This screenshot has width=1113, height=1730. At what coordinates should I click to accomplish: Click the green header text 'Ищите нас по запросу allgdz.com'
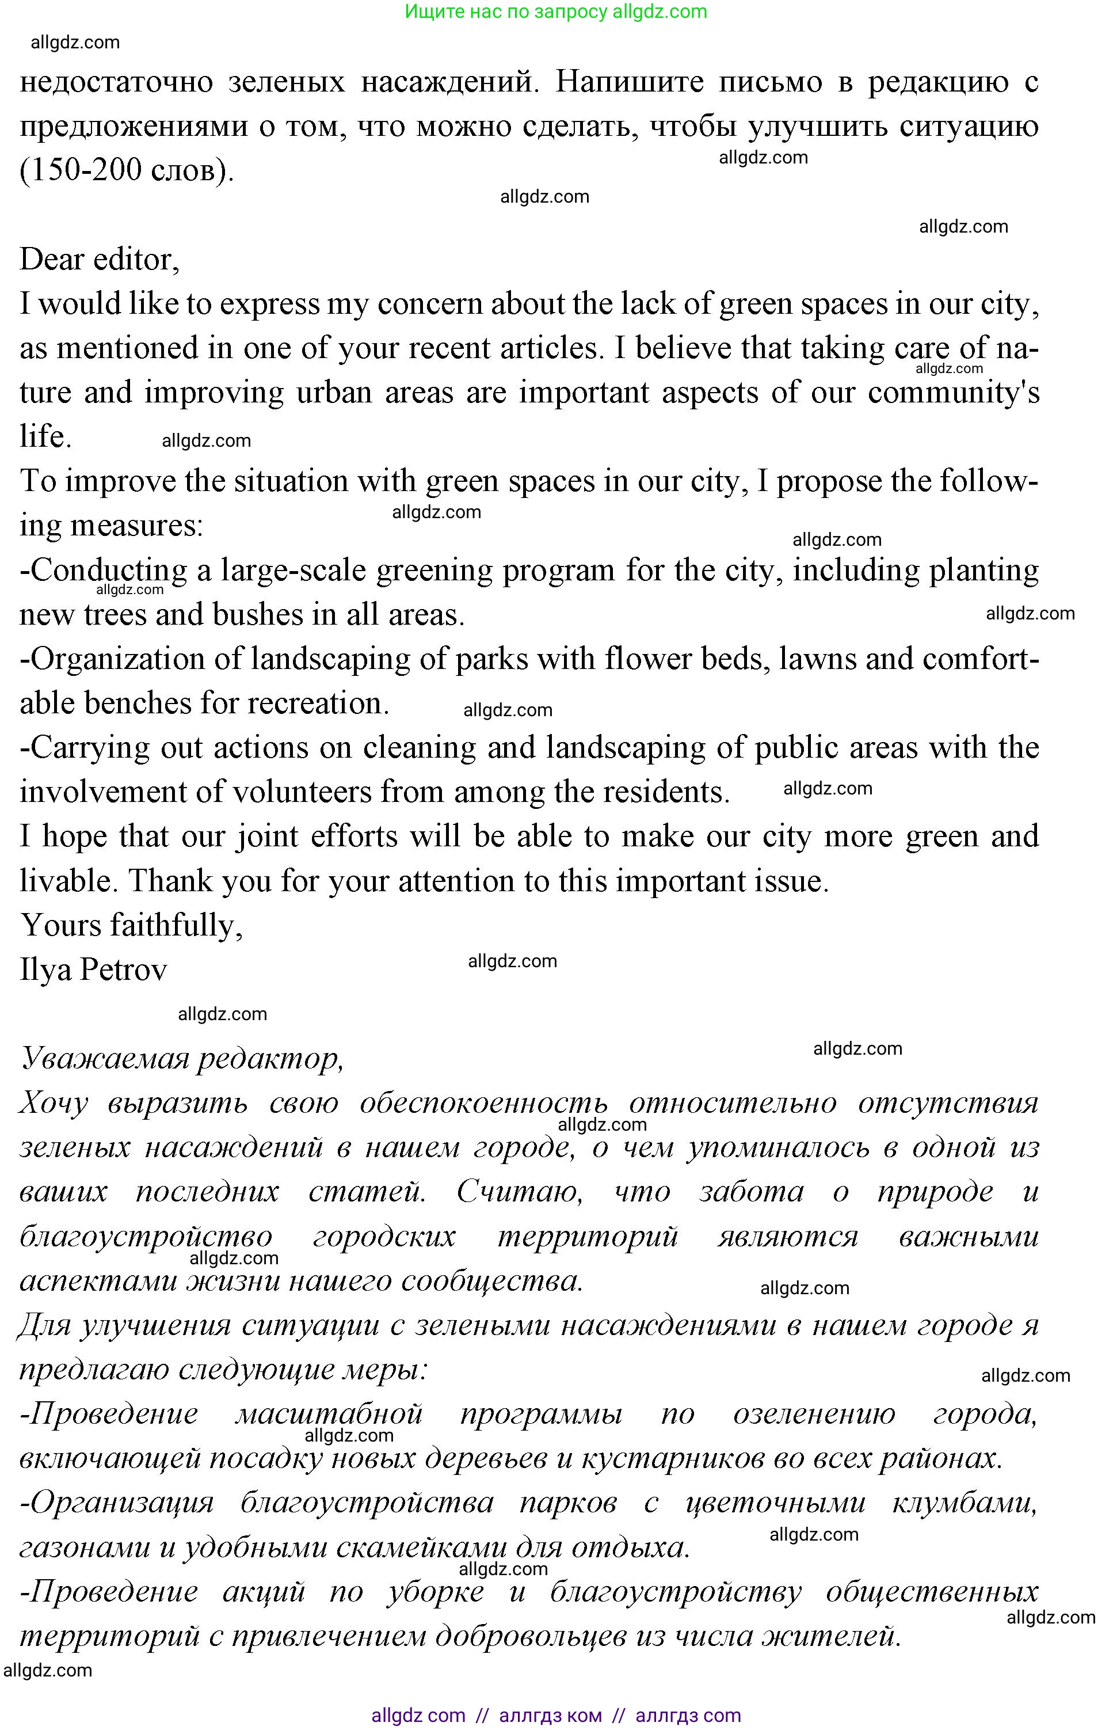556,12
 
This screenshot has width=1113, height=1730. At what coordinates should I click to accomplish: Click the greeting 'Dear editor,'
99,260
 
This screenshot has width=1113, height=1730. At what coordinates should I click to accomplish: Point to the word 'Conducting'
108,571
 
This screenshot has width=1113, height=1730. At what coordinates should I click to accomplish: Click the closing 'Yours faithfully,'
131,925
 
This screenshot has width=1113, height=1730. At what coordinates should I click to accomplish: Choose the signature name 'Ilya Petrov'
93,970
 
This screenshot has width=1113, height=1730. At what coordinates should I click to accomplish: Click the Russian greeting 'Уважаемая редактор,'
181,1058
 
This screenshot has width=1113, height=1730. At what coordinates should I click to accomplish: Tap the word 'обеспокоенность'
483,1103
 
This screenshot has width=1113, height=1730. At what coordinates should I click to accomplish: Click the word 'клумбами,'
964,1503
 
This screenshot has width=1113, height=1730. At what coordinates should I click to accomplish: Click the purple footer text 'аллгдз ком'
550,1716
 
